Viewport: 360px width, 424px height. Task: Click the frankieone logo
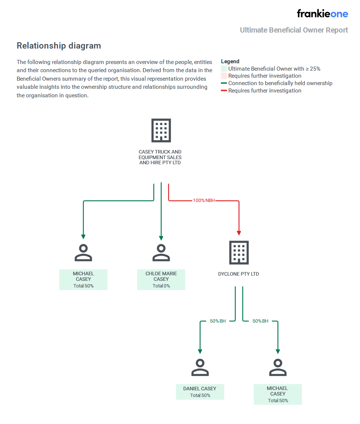322,14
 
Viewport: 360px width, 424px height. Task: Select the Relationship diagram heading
59,46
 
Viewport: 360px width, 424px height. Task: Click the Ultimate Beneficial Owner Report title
294,30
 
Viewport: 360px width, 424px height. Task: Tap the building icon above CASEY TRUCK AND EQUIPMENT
161,131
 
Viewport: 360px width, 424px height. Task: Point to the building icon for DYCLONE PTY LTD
239,253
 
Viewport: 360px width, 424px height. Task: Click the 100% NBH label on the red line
203,201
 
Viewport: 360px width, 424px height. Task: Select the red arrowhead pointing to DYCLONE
239,233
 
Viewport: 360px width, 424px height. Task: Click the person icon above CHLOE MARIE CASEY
161,253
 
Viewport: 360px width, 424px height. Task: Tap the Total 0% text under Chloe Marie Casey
161,286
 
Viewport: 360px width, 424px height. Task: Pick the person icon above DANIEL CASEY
200,367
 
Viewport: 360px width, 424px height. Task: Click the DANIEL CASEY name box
200,392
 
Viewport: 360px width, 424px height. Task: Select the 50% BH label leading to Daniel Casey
218,321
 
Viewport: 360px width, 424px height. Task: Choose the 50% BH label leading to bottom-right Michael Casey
260,321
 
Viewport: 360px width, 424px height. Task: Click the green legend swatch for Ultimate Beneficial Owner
224,69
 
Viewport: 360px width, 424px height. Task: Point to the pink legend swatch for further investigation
224,76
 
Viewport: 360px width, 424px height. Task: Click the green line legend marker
224,83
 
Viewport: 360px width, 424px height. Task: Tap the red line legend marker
224,90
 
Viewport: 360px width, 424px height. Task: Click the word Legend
230,61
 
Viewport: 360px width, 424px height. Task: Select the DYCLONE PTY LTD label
239,274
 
